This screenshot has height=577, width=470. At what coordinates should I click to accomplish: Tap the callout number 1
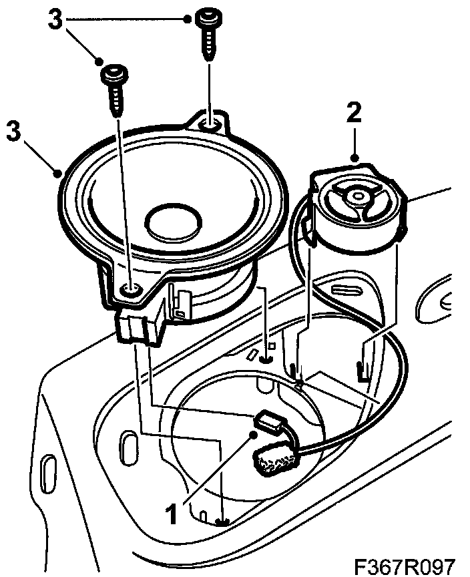click(x=172, y=514)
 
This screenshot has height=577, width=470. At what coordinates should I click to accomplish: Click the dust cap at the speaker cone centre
click(x=174, y=223)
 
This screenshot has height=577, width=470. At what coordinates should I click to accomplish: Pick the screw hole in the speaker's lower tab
click(x=131, y=289)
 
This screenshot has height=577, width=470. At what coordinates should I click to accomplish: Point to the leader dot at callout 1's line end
click(x=252, y=435)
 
